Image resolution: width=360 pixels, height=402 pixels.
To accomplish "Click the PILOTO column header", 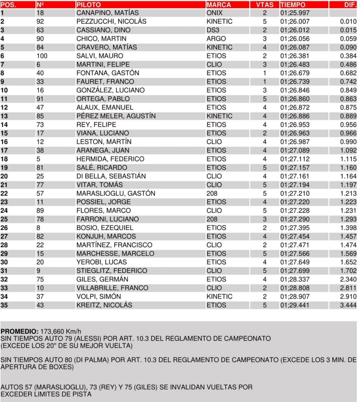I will click(x=89, y=5).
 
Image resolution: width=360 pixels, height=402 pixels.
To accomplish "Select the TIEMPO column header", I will click(x=293, y=5).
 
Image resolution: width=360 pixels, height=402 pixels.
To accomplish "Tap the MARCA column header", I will click(x=219, y=5).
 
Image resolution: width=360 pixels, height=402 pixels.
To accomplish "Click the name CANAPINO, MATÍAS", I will click(x=108, y=13).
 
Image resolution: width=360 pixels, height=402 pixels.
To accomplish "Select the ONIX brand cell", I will click(x=214, y=13).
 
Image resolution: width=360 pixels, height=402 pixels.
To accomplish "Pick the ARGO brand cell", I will click(x=216, y=39).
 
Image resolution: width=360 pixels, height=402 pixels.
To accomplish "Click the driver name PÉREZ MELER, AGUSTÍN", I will click(x=116, y=116).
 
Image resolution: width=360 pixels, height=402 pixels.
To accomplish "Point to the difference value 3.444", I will click(x=348, y=305).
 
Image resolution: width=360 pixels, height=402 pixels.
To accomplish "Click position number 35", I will click(x=4, y=305).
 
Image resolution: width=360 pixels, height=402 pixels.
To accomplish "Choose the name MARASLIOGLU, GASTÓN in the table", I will click(x=116, y=193).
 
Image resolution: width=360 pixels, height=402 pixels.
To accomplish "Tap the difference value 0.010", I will click(x=348, y=21).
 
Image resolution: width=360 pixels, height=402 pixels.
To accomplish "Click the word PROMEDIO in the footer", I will click(x=19, y=332).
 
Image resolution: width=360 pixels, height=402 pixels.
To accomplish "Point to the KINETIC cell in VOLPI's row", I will click(x=219, y=297).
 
